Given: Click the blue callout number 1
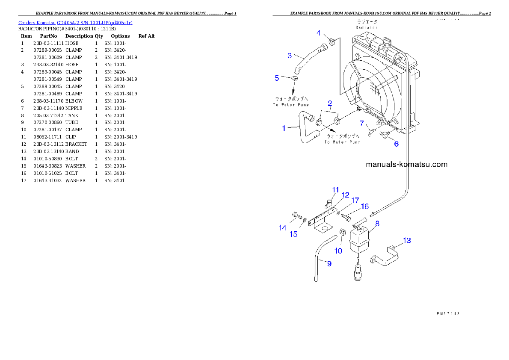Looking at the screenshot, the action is click(x=284, y=128).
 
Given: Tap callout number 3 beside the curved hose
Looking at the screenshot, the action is click(x=290, y=56).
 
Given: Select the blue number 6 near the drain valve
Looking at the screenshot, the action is click(x=397, y=144).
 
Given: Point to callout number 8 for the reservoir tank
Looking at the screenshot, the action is click(x=377, y=223).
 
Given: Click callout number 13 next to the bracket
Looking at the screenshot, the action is click(x=407, y=241).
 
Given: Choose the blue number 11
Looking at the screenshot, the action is click(x=336, y=190).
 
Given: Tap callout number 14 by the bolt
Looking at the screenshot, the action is click(x=282, y=228).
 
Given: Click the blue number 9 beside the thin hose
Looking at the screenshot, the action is click(x=329, y=263).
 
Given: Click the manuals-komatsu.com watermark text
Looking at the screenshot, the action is click(x=406, y=164).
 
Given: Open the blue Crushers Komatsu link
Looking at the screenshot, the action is click(x=76, y=22).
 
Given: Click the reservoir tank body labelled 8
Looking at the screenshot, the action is click(x=358, y=240).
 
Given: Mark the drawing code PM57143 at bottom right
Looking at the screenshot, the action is click(x=447, y=313).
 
